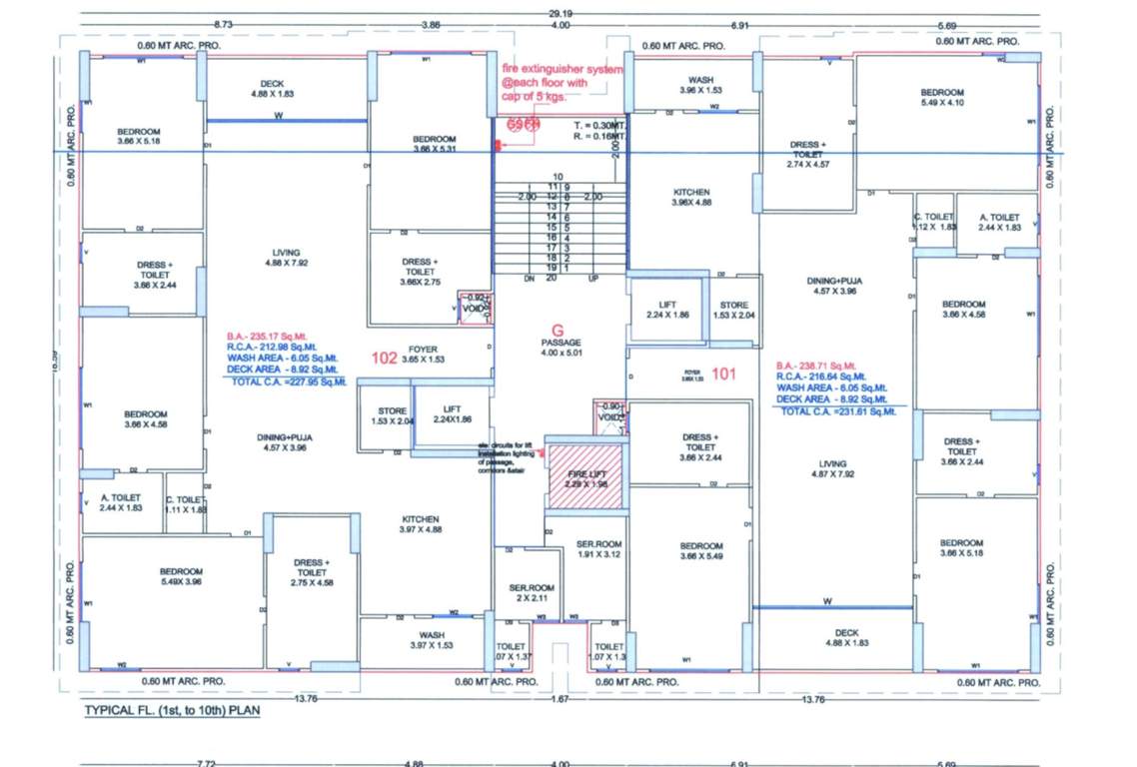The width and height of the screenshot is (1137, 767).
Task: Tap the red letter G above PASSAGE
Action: point(559,329)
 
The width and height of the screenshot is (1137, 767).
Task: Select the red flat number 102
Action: point(385,359)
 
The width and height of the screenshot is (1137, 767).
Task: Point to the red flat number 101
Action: point(724,376)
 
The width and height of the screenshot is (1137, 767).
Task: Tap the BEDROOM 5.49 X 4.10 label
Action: point(942,97)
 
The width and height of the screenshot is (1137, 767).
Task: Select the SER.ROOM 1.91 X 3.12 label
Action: point(599,549)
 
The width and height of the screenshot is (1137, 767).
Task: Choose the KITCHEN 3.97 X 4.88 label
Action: point(421,524)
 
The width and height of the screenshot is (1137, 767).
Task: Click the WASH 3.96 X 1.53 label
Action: point(699,85)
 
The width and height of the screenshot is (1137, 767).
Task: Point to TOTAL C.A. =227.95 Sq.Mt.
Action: point(288,382)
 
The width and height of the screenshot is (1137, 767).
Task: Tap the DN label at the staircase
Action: point(530,279)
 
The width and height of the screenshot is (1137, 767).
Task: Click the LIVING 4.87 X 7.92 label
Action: point(832,469)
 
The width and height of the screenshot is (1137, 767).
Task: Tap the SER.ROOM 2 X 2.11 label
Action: point(528,593)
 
